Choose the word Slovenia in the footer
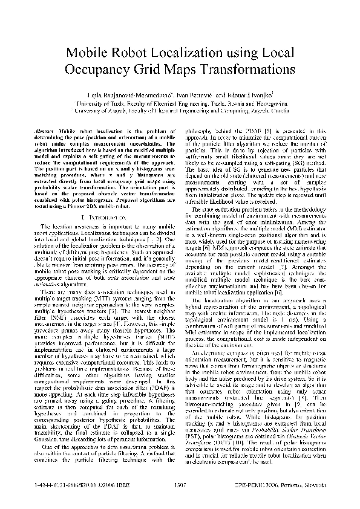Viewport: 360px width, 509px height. tap(318, 484)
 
